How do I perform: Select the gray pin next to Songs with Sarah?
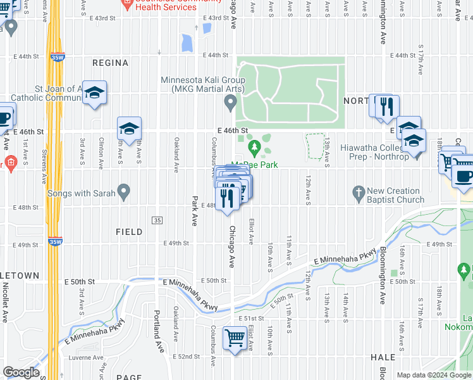[x=125, y=190]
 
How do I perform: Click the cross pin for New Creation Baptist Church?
[x=359, y=191]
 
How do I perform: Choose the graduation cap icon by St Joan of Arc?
[x=94, y=94]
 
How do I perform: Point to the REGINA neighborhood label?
[x=110, y=63]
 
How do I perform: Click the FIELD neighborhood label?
[x=129, y=232]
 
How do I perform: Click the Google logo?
[x=21, y=372]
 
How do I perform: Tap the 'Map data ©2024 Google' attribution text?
[x=434, y=375]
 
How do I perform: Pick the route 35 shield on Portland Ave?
[x=156, y=220]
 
